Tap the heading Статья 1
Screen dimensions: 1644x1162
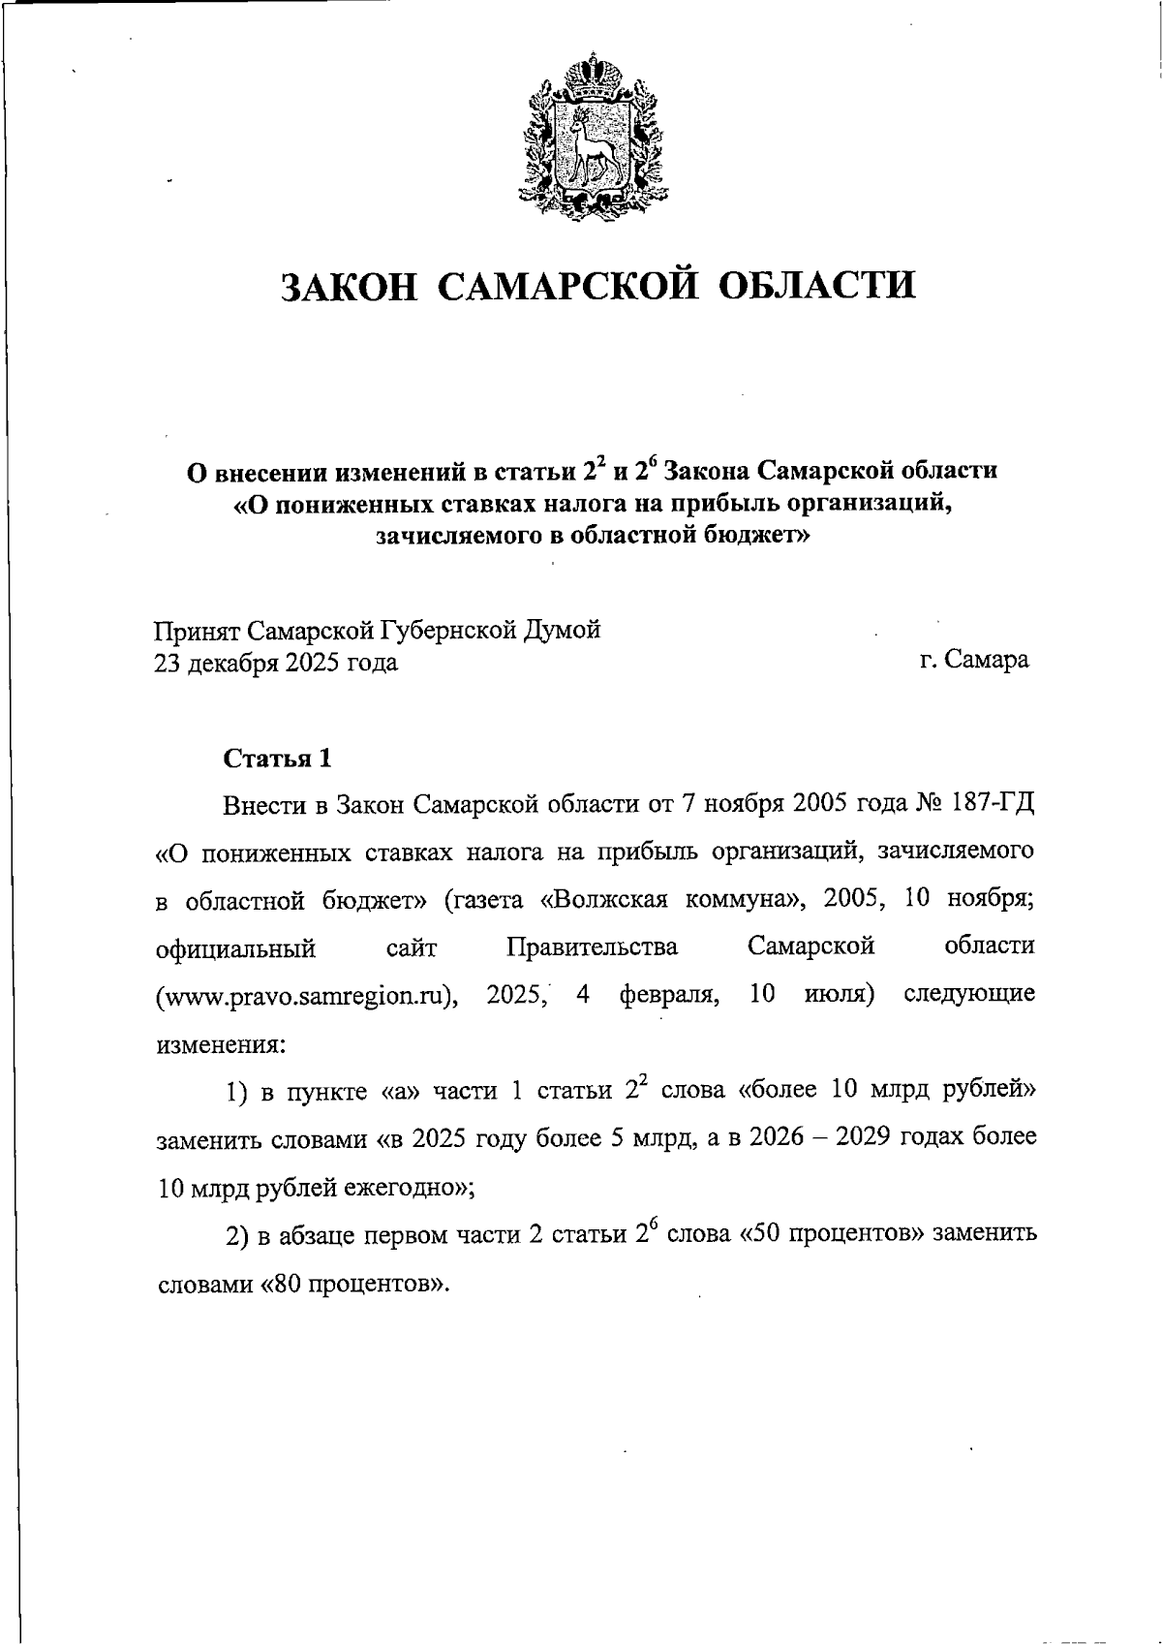(x=278, y=758)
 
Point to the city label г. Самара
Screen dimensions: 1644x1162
(x=974, y=661)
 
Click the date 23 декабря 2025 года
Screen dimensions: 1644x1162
(x=276, y=664)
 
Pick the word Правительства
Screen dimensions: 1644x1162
(x=592, y=947)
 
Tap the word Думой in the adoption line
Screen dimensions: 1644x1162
(x=563, y=631)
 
